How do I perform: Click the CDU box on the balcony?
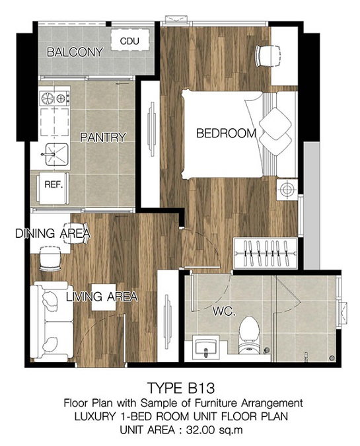pos(129,40)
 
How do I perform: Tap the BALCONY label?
pos(75,52)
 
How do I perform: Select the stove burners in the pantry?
pos(54,98)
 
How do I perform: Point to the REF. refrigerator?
pos(53,188)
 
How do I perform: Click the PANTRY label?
pos(102,137)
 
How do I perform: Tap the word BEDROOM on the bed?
pos(226,133)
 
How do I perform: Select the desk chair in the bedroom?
pos(268,56)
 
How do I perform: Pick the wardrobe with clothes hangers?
pos(266,253)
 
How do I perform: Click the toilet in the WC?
pos(249,335)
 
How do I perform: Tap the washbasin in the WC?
pos(206,346)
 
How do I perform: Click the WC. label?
pos(225,311)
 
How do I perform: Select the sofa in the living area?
pos(52,321)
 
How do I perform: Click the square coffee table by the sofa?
pos(104,297)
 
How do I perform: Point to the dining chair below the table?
pos(50,258)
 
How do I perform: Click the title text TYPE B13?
pos(180,388)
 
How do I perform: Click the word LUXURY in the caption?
pos(95,416)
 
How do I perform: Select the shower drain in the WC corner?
pos(331,357)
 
